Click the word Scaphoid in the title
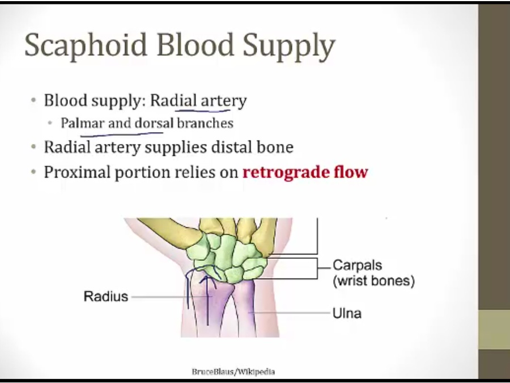pos(86,45)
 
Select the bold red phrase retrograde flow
pos(305,172)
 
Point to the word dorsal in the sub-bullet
pos(154,123)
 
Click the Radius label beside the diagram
pos(106,296)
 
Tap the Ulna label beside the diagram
pos(347,313)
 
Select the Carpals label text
pos(357,265)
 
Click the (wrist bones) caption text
pos(374,281)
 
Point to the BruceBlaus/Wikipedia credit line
pos(233,372)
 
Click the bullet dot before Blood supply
pos(33,100)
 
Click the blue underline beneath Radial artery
pos(203,111)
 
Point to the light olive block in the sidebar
pos(494,330)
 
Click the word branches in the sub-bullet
pos(205,123)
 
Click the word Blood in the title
pos(195,44)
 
